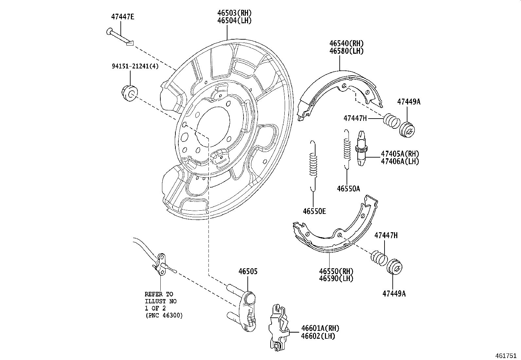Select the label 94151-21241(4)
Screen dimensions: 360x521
135,66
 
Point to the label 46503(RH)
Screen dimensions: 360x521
234,13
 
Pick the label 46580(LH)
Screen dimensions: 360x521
346,51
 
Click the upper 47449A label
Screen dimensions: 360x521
408,102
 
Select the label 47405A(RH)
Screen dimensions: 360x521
400,154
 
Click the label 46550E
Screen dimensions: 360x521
314,211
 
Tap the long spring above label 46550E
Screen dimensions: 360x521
313,165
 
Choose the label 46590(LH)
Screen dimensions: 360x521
336,278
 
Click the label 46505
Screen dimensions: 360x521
248,271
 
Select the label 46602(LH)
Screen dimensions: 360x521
318,336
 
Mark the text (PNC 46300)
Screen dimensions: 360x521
164,315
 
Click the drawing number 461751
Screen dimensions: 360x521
507,355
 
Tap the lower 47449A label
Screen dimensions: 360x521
394,294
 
